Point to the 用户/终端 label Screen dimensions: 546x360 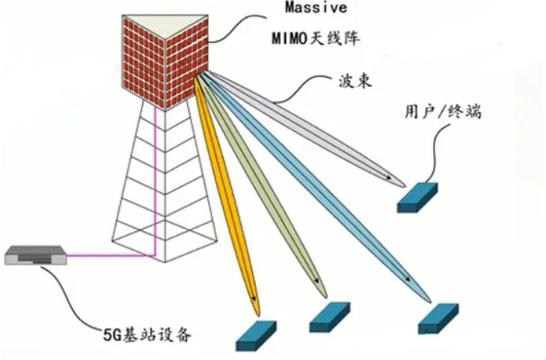click(442, 112)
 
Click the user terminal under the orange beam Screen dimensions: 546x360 click(256, 337)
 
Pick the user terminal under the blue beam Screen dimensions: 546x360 click(440, 317)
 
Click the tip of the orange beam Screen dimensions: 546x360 click(257, 308)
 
